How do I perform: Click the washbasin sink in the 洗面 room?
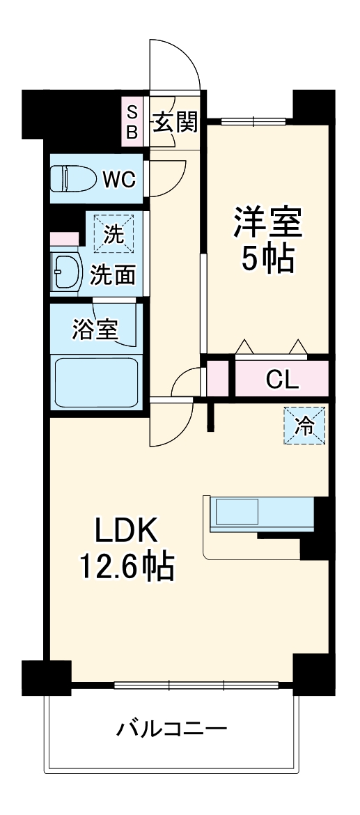click(x=66, y=273)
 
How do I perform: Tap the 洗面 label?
click(x=112, y=274)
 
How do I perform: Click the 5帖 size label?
click(x=267, y=259)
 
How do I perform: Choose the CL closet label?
click(x=282, y=380)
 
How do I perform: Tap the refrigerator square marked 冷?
click(x=304, y=426)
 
